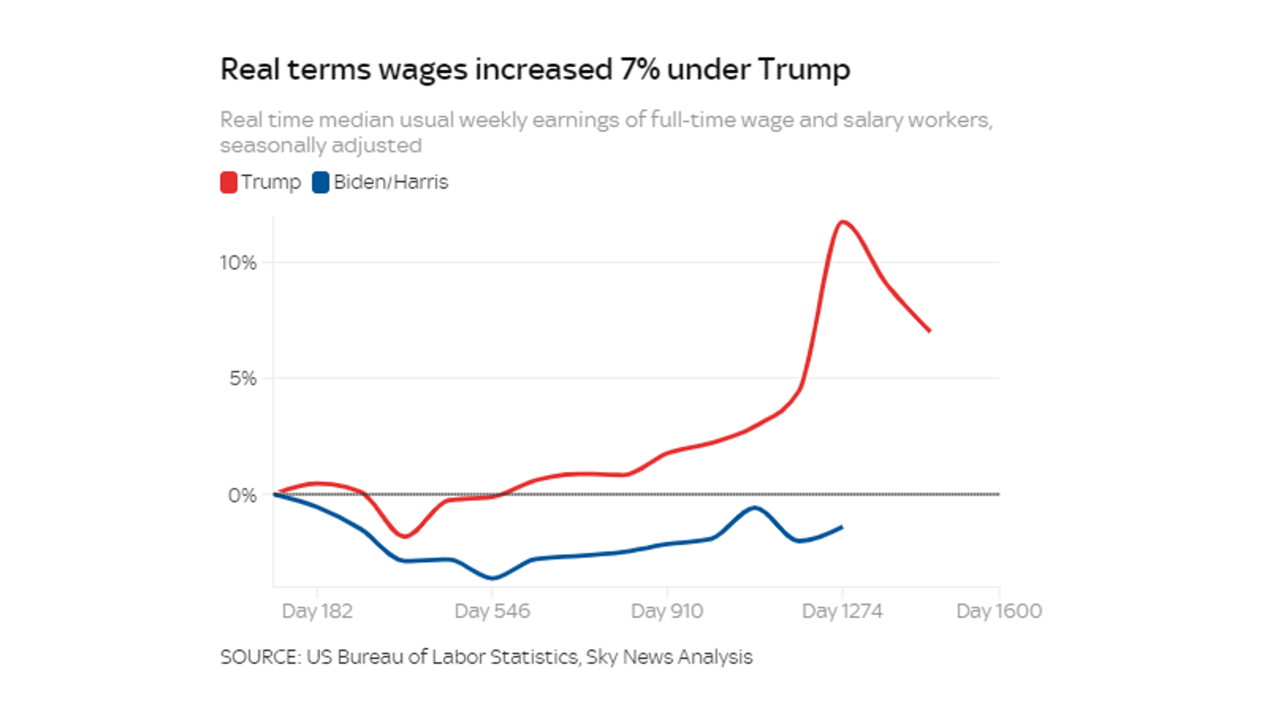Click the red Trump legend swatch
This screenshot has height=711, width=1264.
tap(228, 183)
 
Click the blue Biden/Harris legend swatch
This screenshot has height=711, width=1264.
tap(320, 183)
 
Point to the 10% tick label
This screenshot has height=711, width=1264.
tap(238, 263)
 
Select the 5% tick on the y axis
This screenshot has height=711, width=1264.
tap(243, 378)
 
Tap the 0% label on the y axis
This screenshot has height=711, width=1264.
tap(242, 495)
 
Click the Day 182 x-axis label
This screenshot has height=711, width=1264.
tap(317, 611)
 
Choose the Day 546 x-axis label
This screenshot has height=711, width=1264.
tap(492, 611)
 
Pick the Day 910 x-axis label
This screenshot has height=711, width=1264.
tap(667, 611)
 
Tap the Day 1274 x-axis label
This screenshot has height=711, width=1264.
tap(842, 611)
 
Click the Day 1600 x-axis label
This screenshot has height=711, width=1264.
tap(999, 611)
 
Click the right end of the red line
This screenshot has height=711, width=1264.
tap(929, 331)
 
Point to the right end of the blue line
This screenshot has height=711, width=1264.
tap(841, 527)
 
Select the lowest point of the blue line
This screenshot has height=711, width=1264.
tap(493, 578)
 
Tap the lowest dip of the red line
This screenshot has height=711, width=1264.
tap(405, 536)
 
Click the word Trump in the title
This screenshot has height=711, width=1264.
tap(804, 69)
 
